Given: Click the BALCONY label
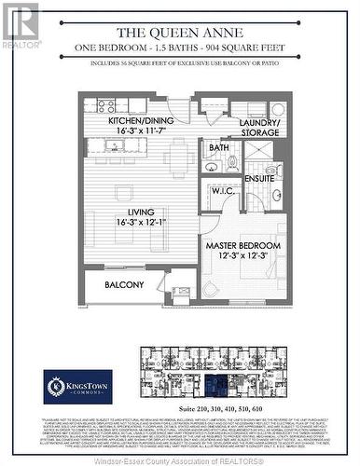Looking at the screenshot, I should (x=124, y=285).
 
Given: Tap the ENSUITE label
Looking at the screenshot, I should (x=260, y=177).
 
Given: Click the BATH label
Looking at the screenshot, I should (x=219, y=147).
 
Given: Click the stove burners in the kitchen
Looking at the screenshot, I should (x=105, y=105).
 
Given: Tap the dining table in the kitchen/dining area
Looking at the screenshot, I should (x=178, y=158).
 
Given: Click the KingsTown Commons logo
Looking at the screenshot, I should (x=78, y=386).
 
